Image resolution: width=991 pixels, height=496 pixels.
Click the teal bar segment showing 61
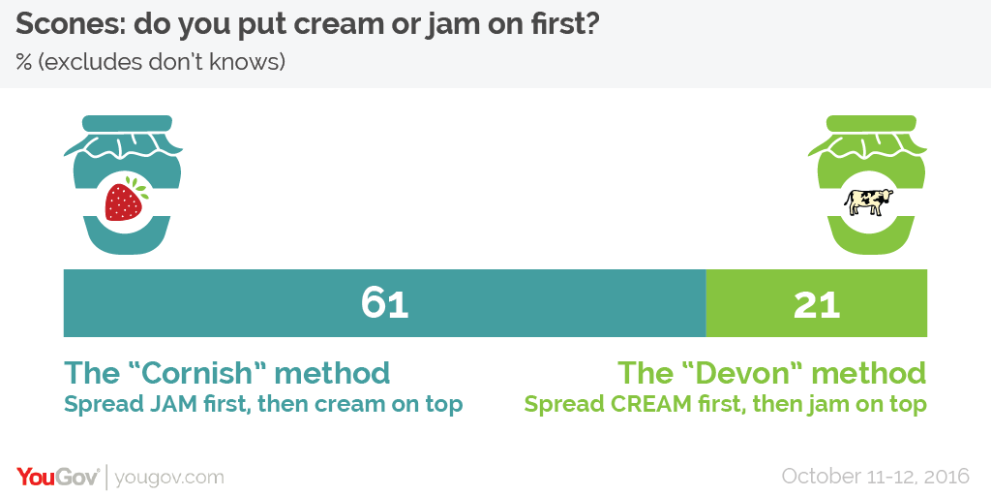pyautogui.click(x=384, y=303)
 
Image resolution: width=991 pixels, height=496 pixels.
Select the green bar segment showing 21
pyautogui.click(x=817, y=303)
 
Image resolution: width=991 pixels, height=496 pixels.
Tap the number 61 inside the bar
pyautogui.click(x=385, y=303)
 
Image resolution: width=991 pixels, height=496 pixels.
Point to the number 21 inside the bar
pyautogui.click(x=817, y=304)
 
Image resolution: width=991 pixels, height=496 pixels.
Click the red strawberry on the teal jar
pyautogui.click(x=125, y=200)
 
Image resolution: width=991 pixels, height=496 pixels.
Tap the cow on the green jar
pyautogui.click(x=869, y=201)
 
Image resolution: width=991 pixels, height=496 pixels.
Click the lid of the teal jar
pyautogui.click(x=119, y=124)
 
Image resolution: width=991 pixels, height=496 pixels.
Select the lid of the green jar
pyautogui.click(x=862, y=124)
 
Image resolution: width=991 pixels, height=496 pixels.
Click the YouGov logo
pyautogui.click(x=57, y=477)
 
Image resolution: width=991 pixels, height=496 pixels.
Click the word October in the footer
pyautogui.click(x=820, y=476)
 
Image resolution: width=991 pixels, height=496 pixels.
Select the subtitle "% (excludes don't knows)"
pyautogui.click(x=151, y=62)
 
